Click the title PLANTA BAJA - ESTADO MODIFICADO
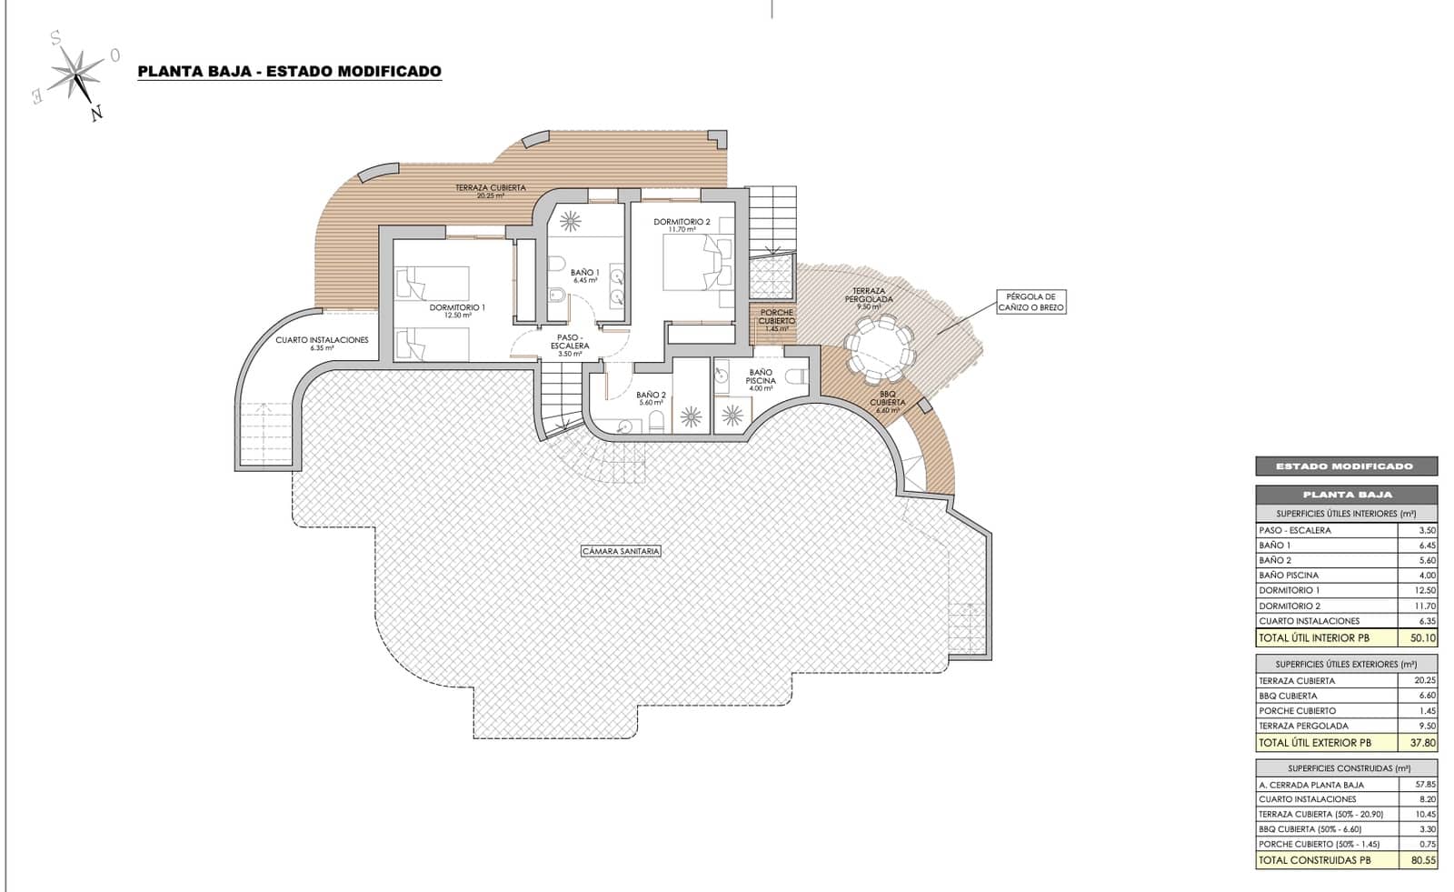[x=289, y=71]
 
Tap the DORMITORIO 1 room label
[x=457, y=308]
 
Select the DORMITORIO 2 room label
[x=682, y=222]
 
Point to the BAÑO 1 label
[x=584, y=273]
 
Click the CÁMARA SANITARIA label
[x=622, y=551]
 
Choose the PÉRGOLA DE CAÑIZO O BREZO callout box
[x=1030, y=302]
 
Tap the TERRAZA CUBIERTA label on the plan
[x=491, y=188]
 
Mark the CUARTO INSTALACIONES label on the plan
[x=322, y=340]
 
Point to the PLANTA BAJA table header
[x=1347, y=495]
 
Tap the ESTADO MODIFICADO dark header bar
[x=1346, y=466]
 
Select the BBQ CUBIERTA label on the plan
[x=887, y=398]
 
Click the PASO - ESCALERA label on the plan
[x=570, y=341]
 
